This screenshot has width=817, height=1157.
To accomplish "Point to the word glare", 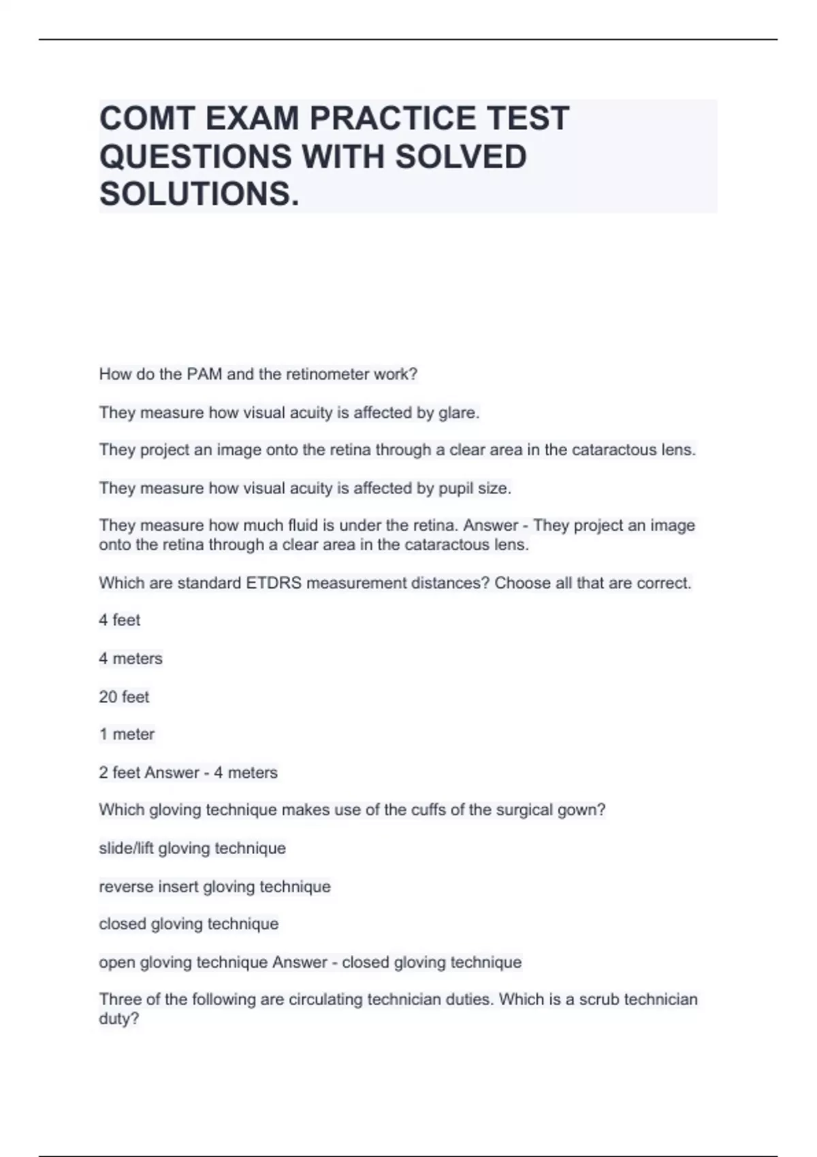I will click(459, 412).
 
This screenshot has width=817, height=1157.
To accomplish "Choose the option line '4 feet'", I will click(120, 621).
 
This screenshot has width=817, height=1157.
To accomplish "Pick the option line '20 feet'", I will click(124, 697).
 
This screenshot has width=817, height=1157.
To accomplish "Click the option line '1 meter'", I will click(127, 734).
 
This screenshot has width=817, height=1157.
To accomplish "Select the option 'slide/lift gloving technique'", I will click(192, 849).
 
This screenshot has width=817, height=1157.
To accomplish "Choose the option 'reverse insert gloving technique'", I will click(214, 887).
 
